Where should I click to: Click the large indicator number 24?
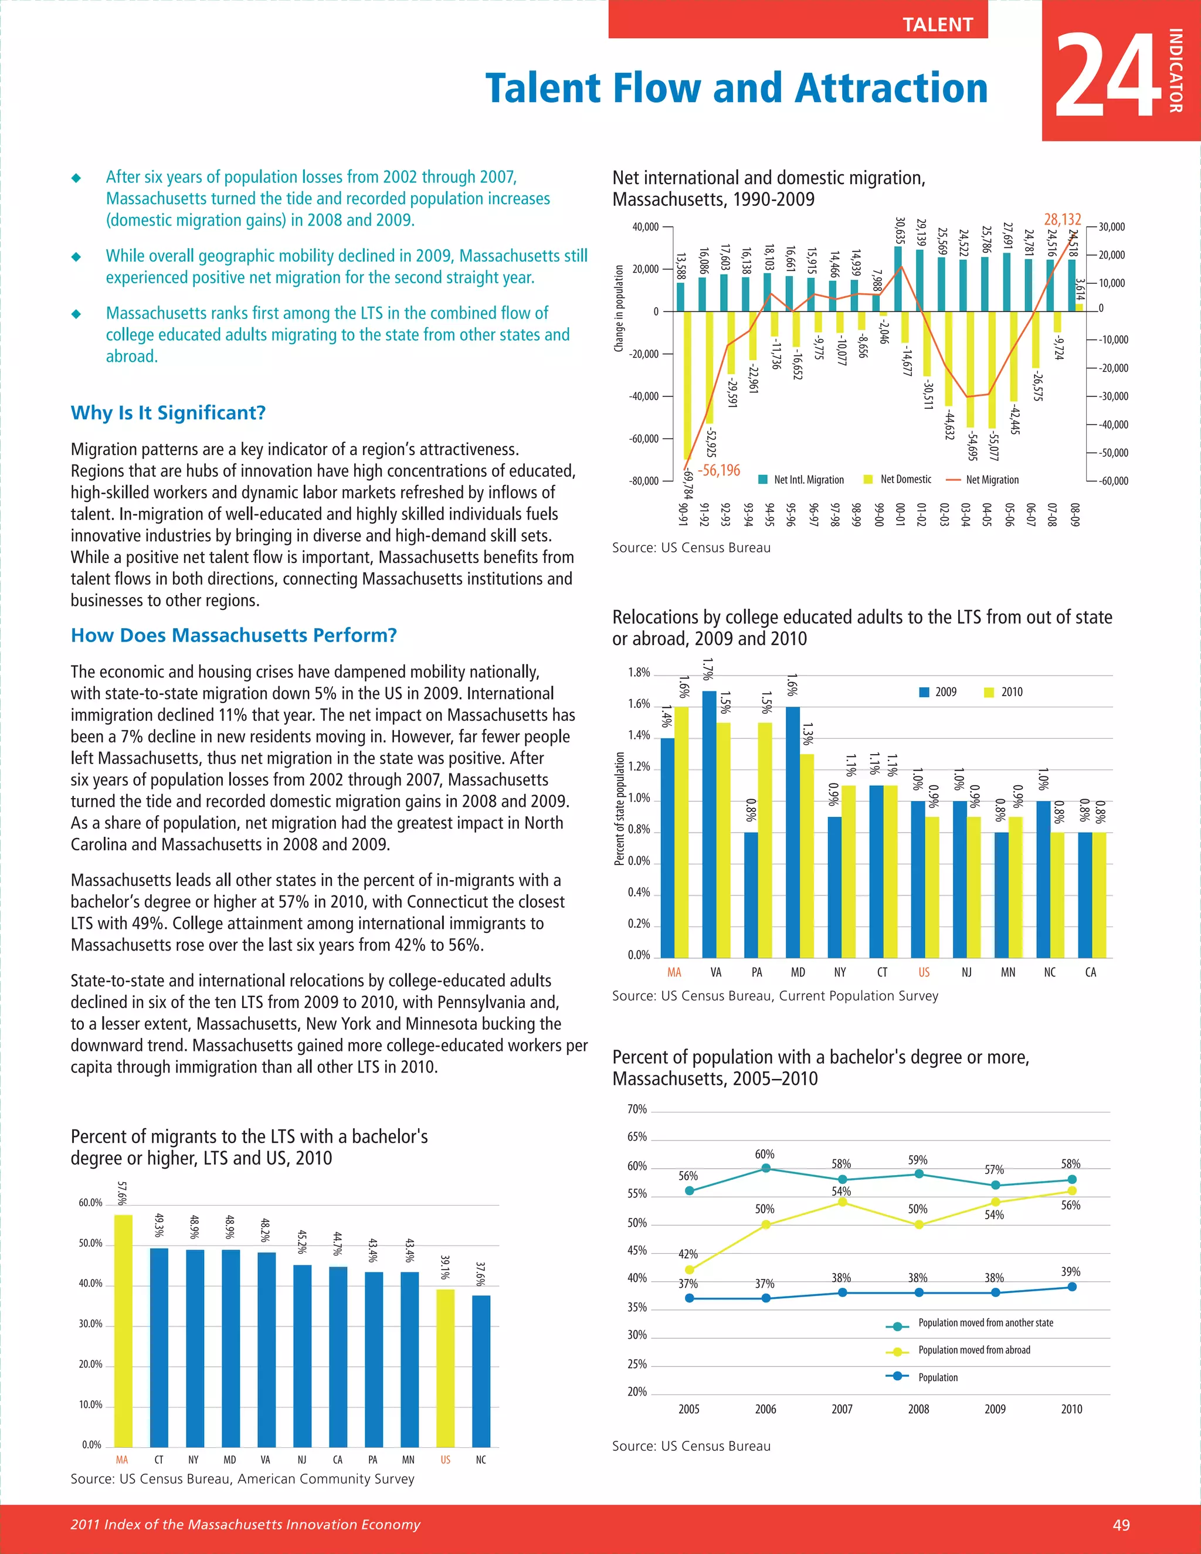[1108, 74]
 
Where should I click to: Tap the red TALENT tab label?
[937, 25]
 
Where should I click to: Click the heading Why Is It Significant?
[168, 413]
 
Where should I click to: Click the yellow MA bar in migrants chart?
[123, 1331]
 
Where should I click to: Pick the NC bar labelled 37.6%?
[481, 1370]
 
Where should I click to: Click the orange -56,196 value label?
[718, 470]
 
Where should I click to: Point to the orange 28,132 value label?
[1062, 220]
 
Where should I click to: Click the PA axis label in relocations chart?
[757, 972]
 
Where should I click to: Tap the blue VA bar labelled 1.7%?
[710, 826]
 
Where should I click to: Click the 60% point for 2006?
[765, 1168]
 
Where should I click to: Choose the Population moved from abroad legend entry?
[973, 1350]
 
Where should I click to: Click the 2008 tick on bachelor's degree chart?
[918, 1409]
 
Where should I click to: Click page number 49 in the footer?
[1121, 1524]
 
